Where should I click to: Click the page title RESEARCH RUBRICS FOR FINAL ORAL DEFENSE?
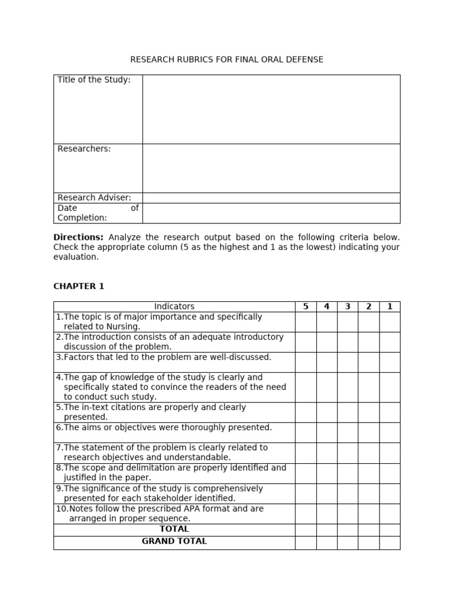click(226, 60)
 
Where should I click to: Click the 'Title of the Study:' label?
click(94, 80)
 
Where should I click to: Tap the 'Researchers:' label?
click(84, 149)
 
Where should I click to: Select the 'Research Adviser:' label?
click(94, 197)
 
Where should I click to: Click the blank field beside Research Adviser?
click(271, 198)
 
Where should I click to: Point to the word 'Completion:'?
click(82, 218)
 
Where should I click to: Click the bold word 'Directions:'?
click(79, 237)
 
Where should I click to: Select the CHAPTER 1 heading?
click(79, 286)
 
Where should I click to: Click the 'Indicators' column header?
click(174, 306)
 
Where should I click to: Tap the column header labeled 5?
click(306, 306)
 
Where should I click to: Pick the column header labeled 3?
click(348, 306)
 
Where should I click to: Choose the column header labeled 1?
click(390, 306)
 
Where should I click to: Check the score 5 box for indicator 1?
click(306, 322)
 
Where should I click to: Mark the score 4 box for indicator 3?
click(326, 362)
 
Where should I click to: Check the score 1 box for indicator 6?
click(390, 432)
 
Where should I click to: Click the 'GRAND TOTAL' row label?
click(174, 541)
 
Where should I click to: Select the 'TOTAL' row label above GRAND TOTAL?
click(174, 529)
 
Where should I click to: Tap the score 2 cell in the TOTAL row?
click(368, 530)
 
